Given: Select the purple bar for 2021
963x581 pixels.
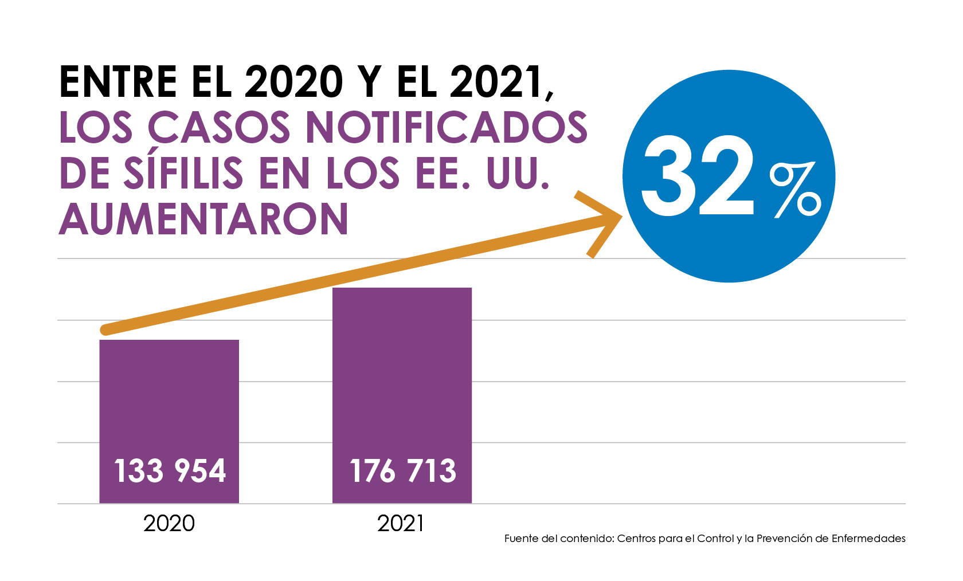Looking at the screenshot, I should (402, 372).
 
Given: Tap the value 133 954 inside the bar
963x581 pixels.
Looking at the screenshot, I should (170, 471).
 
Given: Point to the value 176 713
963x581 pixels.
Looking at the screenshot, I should (403, 471).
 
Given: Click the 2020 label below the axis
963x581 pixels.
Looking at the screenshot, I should (169, 523).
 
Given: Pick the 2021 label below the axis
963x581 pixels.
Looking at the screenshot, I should (400, 523).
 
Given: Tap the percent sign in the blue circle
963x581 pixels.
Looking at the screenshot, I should (795, 189).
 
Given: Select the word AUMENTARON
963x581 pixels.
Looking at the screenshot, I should (203, 219).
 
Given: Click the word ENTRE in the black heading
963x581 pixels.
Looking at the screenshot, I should (118, 82).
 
